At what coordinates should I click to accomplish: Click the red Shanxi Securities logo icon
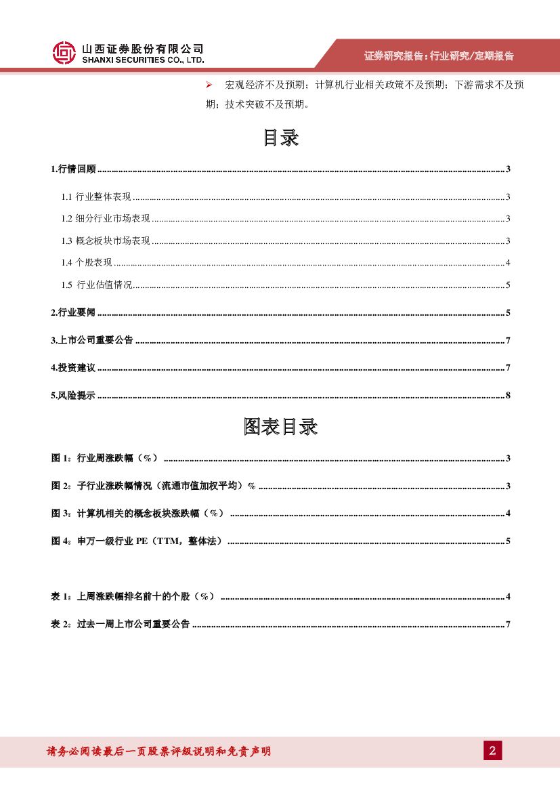(x=64, y=53)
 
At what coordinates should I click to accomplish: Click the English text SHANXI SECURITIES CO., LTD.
(x=142, y=60)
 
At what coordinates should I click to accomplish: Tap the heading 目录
(x=280, y=138)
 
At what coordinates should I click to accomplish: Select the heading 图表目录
(x=280, y=427)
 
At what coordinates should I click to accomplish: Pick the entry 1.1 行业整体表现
(x=96, y=197)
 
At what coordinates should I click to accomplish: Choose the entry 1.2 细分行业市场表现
(x=106, y=219)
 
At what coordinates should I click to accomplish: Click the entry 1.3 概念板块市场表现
(x=106, y=241)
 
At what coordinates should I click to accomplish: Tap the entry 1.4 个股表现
(x=87, y=263)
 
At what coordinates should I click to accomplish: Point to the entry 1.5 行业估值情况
(x=97, y=285)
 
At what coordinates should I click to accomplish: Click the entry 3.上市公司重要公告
(x=92, y=340)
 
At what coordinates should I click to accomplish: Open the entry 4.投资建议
(x=74, y=368)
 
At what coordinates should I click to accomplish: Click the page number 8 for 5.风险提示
(x=507, y=396)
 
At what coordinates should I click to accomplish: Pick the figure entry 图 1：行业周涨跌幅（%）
(x=105, y=459)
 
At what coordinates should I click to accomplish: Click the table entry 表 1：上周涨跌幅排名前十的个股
(x=133, y=596)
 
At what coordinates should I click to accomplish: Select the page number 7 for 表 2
(x=507, y=624)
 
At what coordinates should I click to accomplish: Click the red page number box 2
(x=492, y=751)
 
